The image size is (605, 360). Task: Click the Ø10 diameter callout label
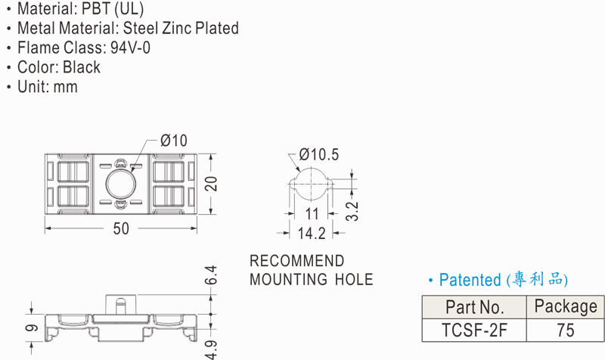tap(174, 141)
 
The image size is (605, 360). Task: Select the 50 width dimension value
tap(121, 228)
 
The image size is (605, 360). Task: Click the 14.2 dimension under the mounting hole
tap(311, 234)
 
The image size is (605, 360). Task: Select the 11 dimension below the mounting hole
tap(312, 213)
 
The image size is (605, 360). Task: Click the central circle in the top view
tap(120, 184)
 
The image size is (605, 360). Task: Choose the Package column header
tap(565, 306)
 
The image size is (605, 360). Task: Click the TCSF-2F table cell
tap(475, 331)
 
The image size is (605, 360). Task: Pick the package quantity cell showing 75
tap(565, 331)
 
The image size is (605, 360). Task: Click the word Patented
tap(470, 281)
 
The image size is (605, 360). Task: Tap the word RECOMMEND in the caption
tap(296, 261)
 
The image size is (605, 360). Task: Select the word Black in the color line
tap(82, 67)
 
